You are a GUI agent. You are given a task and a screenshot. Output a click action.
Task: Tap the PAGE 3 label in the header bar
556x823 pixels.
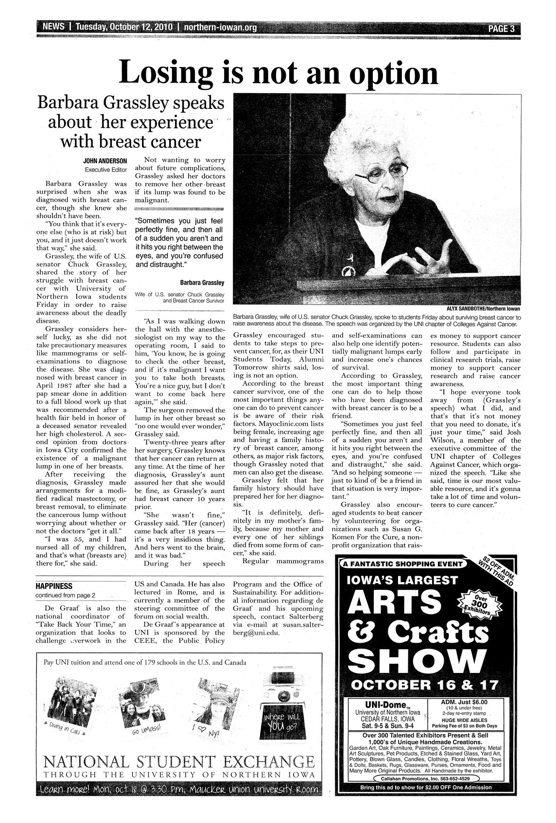coord(501,28)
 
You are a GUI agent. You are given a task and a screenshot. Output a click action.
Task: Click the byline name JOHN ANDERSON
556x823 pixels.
coord(105,160)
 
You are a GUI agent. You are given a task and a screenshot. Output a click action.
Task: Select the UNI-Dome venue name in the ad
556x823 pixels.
coord(385,703)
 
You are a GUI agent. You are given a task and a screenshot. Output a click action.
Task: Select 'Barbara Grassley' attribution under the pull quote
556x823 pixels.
coord(201,282)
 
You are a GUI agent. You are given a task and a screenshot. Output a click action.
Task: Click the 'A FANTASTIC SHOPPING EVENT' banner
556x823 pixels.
coord(403,564)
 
